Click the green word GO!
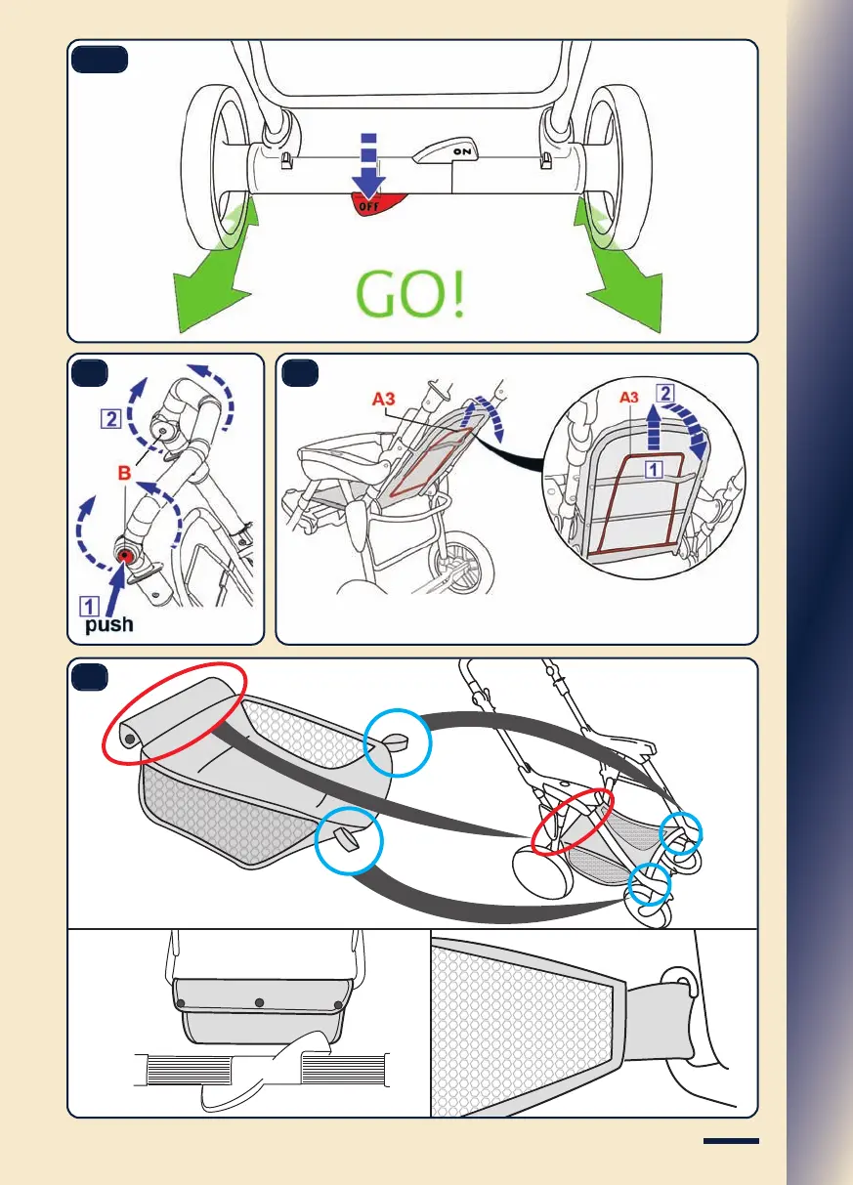coord(409,295)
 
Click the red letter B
coord(124,473)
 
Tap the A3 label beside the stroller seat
coord(384,399)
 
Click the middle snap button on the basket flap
coord(258,1002)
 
